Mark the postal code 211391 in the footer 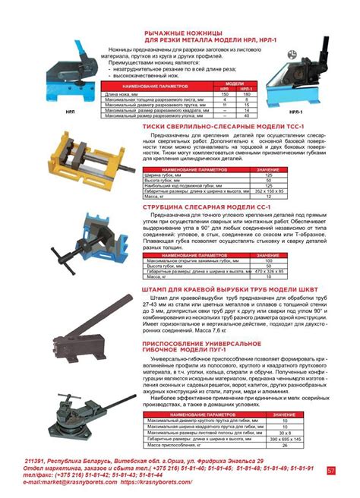click(x=35, y=462)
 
